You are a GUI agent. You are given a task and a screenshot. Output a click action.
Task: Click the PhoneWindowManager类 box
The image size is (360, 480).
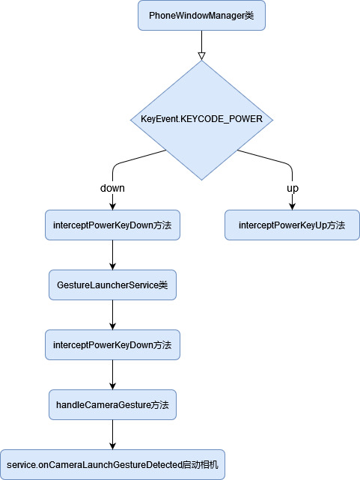pyautogui.click(x=201, y=15)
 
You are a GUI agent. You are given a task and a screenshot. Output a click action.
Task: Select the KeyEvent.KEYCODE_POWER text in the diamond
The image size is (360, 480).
pyautogui.click(x=201, y=119)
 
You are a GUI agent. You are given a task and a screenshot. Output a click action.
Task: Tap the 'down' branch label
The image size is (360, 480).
pyautogui.click(x=112, y=188)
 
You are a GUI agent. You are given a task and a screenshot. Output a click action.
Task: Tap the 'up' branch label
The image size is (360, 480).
pyautogui.click(x=293, y=188)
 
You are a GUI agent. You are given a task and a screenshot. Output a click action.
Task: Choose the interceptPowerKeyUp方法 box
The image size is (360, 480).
pyautogui.click(x=292, y=225)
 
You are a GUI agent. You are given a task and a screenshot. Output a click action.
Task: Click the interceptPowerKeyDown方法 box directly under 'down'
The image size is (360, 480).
pyautogui.click(x=112, y=225)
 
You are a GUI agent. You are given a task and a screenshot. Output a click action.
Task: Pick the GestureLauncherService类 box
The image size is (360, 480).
pyautogui.click(x=112, y=285)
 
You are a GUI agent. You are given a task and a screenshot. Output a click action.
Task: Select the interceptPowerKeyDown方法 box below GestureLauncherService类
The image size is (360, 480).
pyautogui.click(x=112, y=345)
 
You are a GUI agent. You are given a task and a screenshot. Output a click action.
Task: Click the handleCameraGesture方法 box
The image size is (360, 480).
pyautogui.click(x=112, y=405)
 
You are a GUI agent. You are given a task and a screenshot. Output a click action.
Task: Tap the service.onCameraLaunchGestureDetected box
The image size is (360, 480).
pyautogui.click(x=112, y=465)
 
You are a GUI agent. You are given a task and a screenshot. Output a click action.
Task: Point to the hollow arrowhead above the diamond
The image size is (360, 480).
pyautogui.click(x=201, y=56)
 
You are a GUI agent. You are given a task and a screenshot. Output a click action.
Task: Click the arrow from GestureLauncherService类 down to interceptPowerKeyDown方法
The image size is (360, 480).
pyautogui.click(x=112, y=315)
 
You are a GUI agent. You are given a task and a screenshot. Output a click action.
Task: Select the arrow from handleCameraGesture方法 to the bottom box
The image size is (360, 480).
pyautogui.click(x=112, y=435)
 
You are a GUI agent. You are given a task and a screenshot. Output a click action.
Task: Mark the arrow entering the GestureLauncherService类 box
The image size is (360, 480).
pyautogui.click(x=112, y=255)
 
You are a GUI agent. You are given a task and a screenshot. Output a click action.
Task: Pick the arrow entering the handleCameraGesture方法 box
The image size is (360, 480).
pyautogui.click(x=112, y=375)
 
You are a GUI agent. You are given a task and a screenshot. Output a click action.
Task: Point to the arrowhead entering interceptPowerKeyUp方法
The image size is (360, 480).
pyautogui.click(x=292, y=207)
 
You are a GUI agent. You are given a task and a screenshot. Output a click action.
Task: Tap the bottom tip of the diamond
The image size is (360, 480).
pyautogui.click(x=201, y=180)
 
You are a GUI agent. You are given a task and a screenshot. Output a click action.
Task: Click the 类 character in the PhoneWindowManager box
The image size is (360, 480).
pyautogui.click(x=249, y=15)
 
